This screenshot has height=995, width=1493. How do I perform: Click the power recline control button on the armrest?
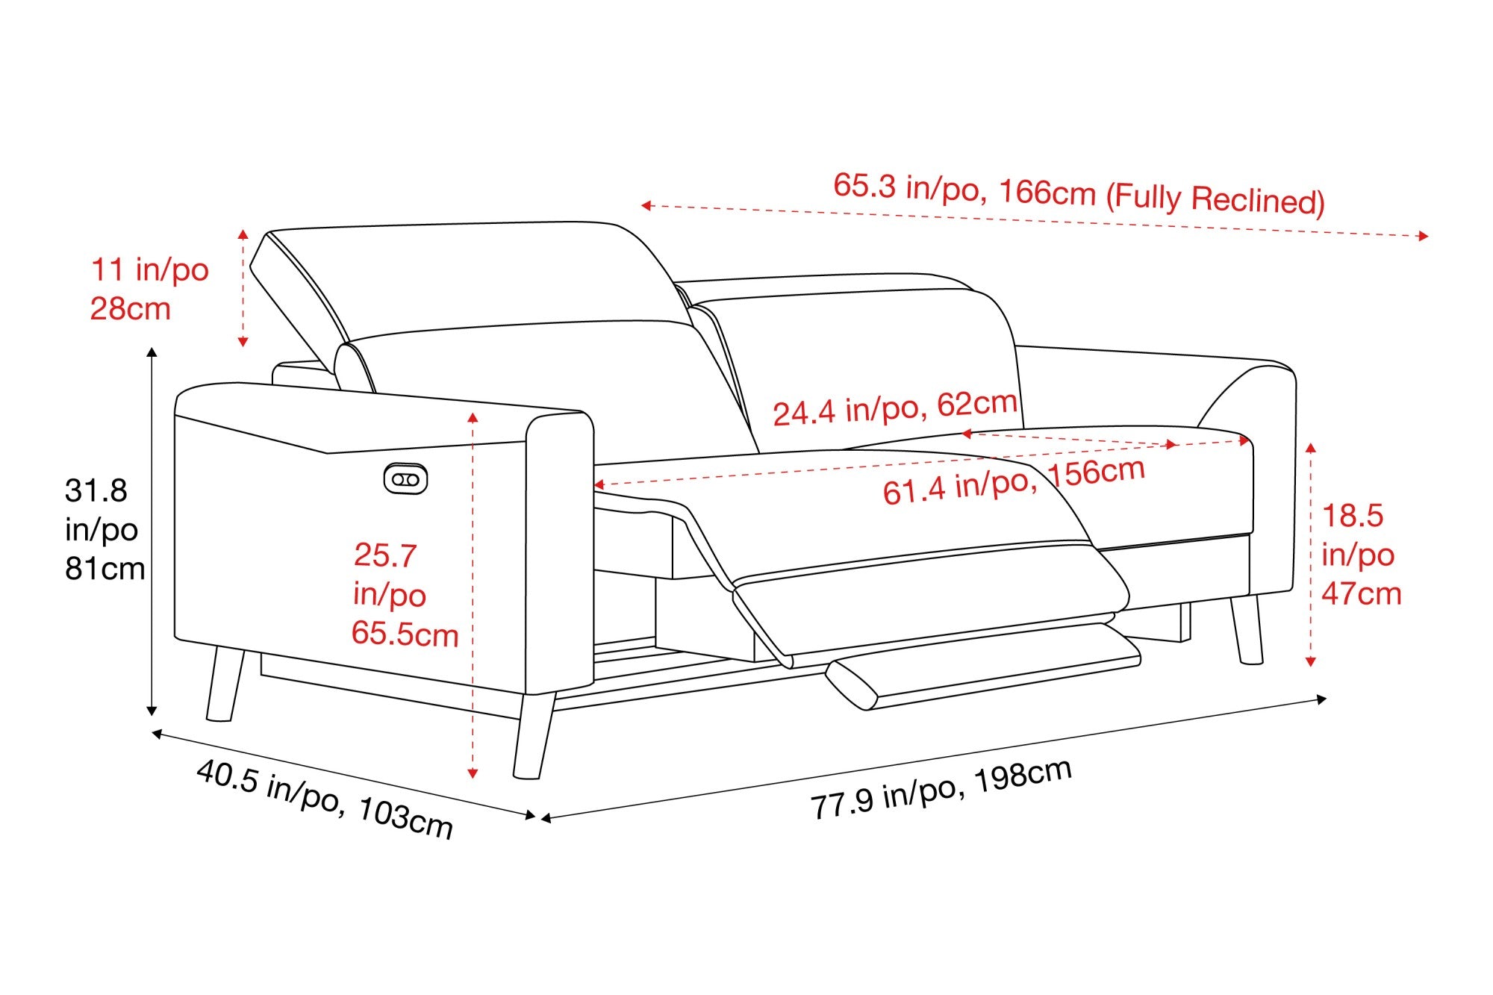[405, 479]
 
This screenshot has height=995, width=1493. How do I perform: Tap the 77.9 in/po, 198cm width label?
[941, 789]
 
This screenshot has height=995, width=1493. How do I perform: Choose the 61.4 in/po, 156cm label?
[1014, 481]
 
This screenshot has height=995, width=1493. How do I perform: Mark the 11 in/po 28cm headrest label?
[149, 289]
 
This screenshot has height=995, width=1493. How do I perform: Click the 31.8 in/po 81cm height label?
[105, 529]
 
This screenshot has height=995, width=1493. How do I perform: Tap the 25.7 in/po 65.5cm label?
[405, 594]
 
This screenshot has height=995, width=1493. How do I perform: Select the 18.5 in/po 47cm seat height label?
[1362, 554]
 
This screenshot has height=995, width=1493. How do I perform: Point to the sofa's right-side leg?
[1247, 629]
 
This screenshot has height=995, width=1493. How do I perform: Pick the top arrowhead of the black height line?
[152, 352]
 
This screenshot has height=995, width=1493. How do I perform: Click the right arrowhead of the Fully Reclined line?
[1424, 236]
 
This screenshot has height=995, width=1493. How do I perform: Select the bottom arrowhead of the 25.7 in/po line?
[473, 774]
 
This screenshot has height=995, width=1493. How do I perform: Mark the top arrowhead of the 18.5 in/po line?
[1311, 448]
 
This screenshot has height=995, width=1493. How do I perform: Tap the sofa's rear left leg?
[225, 684]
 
